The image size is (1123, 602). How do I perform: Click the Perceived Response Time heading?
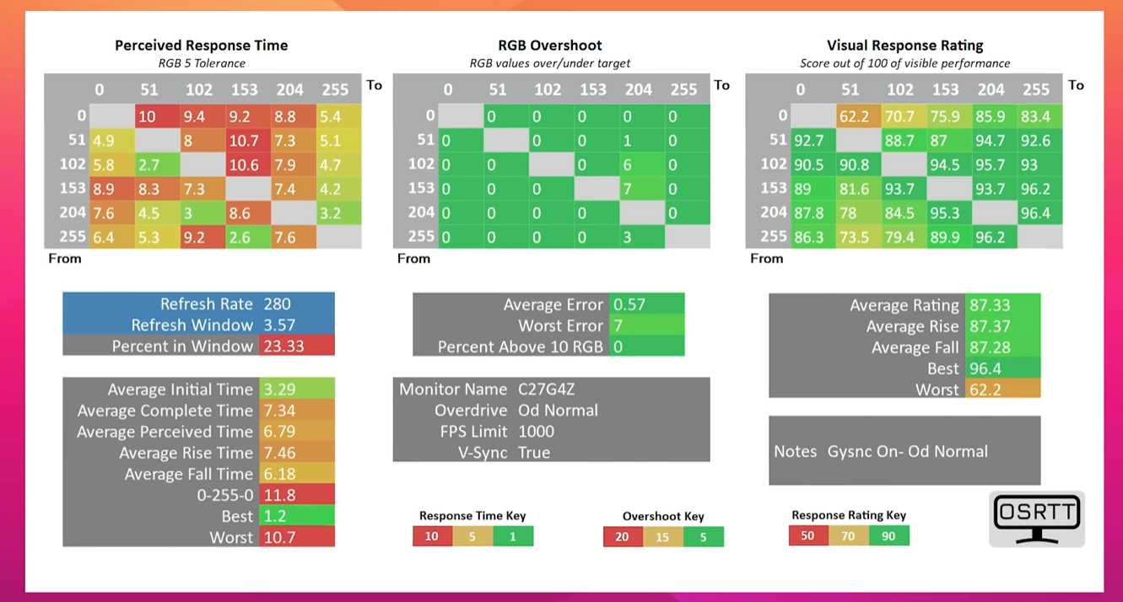[x=201, y=46]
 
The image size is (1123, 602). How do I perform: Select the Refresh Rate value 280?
[x=278, y=304]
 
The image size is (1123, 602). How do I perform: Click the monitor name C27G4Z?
[x=547, y=390]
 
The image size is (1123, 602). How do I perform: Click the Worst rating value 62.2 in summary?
[x=990, y=390]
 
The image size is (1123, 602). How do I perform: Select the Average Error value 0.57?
[x=629, y=304]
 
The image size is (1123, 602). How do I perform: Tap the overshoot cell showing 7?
[x=627, y=188]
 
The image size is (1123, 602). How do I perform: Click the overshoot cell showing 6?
[x=627, y=164]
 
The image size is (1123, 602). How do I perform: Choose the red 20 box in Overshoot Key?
[x=622, y=537]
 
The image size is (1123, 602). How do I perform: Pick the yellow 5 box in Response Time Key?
[x=472, y=536]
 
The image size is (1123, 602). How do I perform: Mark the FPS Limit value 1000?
[x=537, y=432]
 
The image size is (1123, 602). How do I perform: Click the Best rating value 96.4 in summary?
[x=990, y=368]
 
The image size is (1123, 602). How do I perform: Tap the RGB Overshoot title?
[x=550, y=46]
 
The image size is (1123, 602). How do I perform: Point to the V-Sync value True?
[x=534, y=453]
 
